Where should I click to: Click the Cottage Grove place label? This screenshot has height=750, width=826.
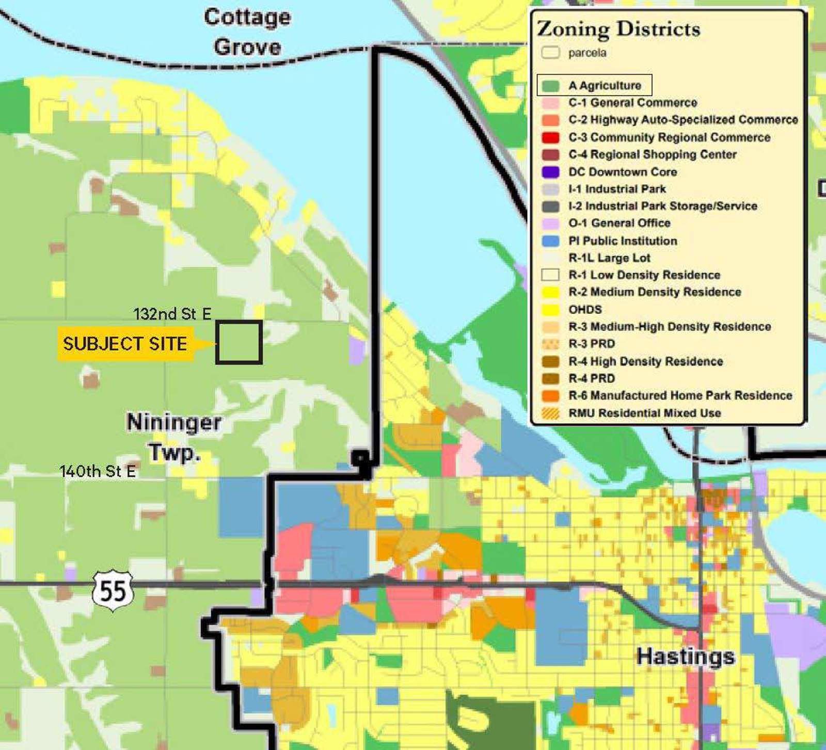(x=247, y=32)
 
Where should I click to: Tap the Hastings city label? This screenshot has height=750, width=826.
(x=685, y=657)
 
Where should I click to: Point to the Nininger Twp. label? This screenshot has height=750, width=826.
(x=174, y=437)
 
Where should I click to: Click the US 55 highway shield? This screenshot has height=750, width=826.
(x=113, y=590)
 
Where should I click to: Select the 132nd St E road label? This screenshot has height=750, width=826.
(x=172, y=313)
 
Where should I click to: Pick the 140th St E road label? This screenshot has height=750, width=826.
(x=98, y=471)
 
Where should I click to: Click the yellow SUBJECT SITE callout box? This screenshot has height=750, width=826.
(x=125, y=343)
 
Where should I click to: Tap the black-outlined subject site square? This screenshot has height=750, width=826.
(x=239, y=342)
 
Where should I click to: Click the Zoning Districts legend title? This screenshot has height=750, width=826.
(x=618, y=29)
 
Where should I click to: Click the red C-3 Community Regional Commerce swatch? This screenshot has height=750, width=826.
(x=550, y=137)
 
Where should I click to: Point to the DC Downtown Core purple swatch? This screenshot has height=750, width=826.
(x=550, y=172)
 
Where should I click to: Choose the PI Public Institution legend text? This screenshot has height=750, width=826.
(x=622, y=241)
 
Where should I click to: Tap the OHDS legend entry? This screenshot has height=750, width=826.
(x=585, y=309)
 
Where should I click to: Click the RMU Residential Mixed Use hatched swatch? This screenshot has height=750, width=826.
(x=550, y=413)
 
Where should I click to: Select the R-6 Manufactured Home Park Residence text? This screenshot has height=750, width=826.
(x=680, y=395)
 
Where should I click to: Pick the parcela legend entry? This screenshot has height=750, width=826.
(x=587, y=53)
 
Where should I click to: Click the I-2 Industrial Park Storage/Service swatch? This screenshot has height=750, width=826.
(x=550, y=206)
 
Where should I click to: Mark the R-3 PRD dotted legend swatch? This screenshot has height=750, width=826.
(x=550, y=344)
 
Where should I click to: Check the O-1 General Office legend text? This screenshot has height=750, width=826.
(x=619, y=223)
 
